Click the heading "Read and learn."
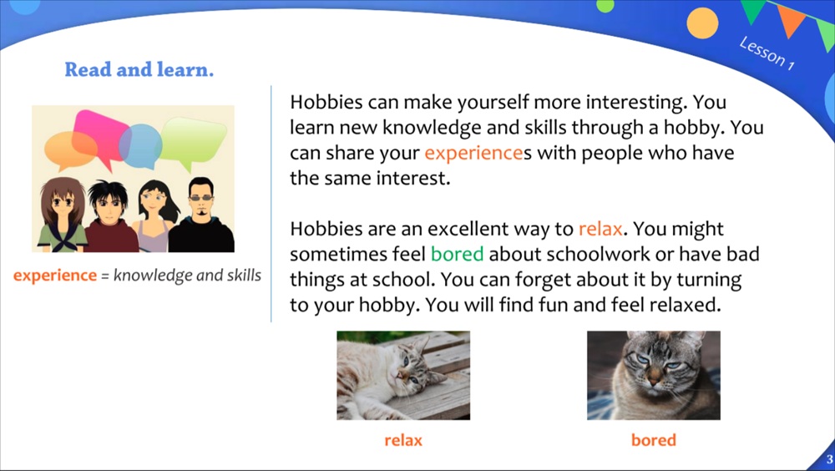click(139, 70)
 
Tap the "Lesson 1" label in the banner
click(767, 53)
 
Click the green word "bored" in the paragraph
click(457, 254)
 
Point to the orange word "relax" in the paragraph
click(600, 229)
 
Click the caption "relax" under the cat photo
click(403, 440)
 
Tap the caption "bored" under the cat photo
click(654, 440)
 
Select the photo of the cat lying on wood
click(403, 375)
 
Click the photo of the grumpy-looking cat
click(654, 375)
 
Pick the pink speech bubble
click(100, 134)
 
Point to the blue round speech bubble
click(140, 145)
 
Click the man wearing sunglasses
click(201, 215)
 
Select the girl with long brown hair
click(62, 215)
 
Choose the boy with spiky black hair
click(109, 216)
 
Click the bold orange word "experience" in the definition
click(55, 276)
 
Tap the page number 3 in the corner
click(829, 459)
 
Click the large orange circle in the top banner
click(702, 23)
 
